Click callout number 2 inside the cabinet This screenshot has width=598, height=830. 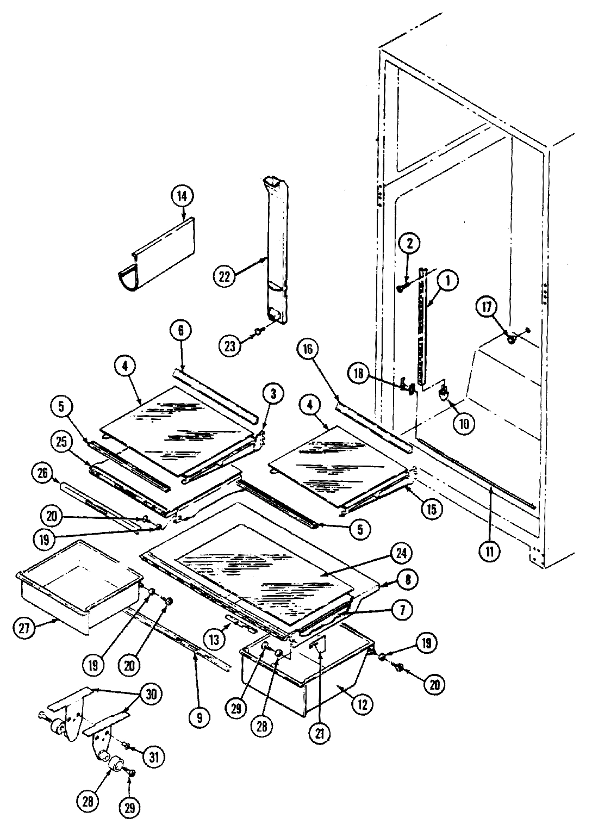coord(410,244)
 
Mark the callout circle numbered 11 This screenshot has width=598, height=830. coord(490,550)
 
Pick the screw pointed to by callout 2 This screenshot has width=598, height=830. coord(401,289)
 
